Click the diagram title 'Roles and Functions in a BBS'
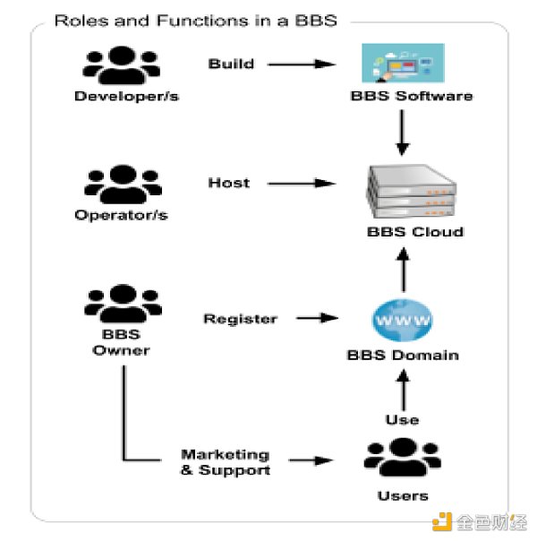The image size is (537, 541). tap(195, 20)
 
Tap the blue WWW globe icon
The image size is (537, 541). tap(402, 318)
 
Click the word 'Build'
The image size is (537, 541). tap(231, 64)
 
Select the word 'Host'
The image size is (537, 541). tap(229, 183)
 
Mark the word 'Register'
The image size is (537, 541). tap(240, 318)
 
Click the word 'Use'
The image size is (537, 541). tap(403, 418)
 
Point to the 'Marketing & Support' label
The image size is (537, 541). tap(225, 462)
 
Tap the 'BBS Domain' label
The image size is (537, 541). tap(402, 355)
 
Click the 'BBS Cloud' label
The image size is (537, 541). tap(403, 232)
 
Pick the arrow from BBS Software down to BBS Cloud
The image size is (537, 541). tap(402, 134)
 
